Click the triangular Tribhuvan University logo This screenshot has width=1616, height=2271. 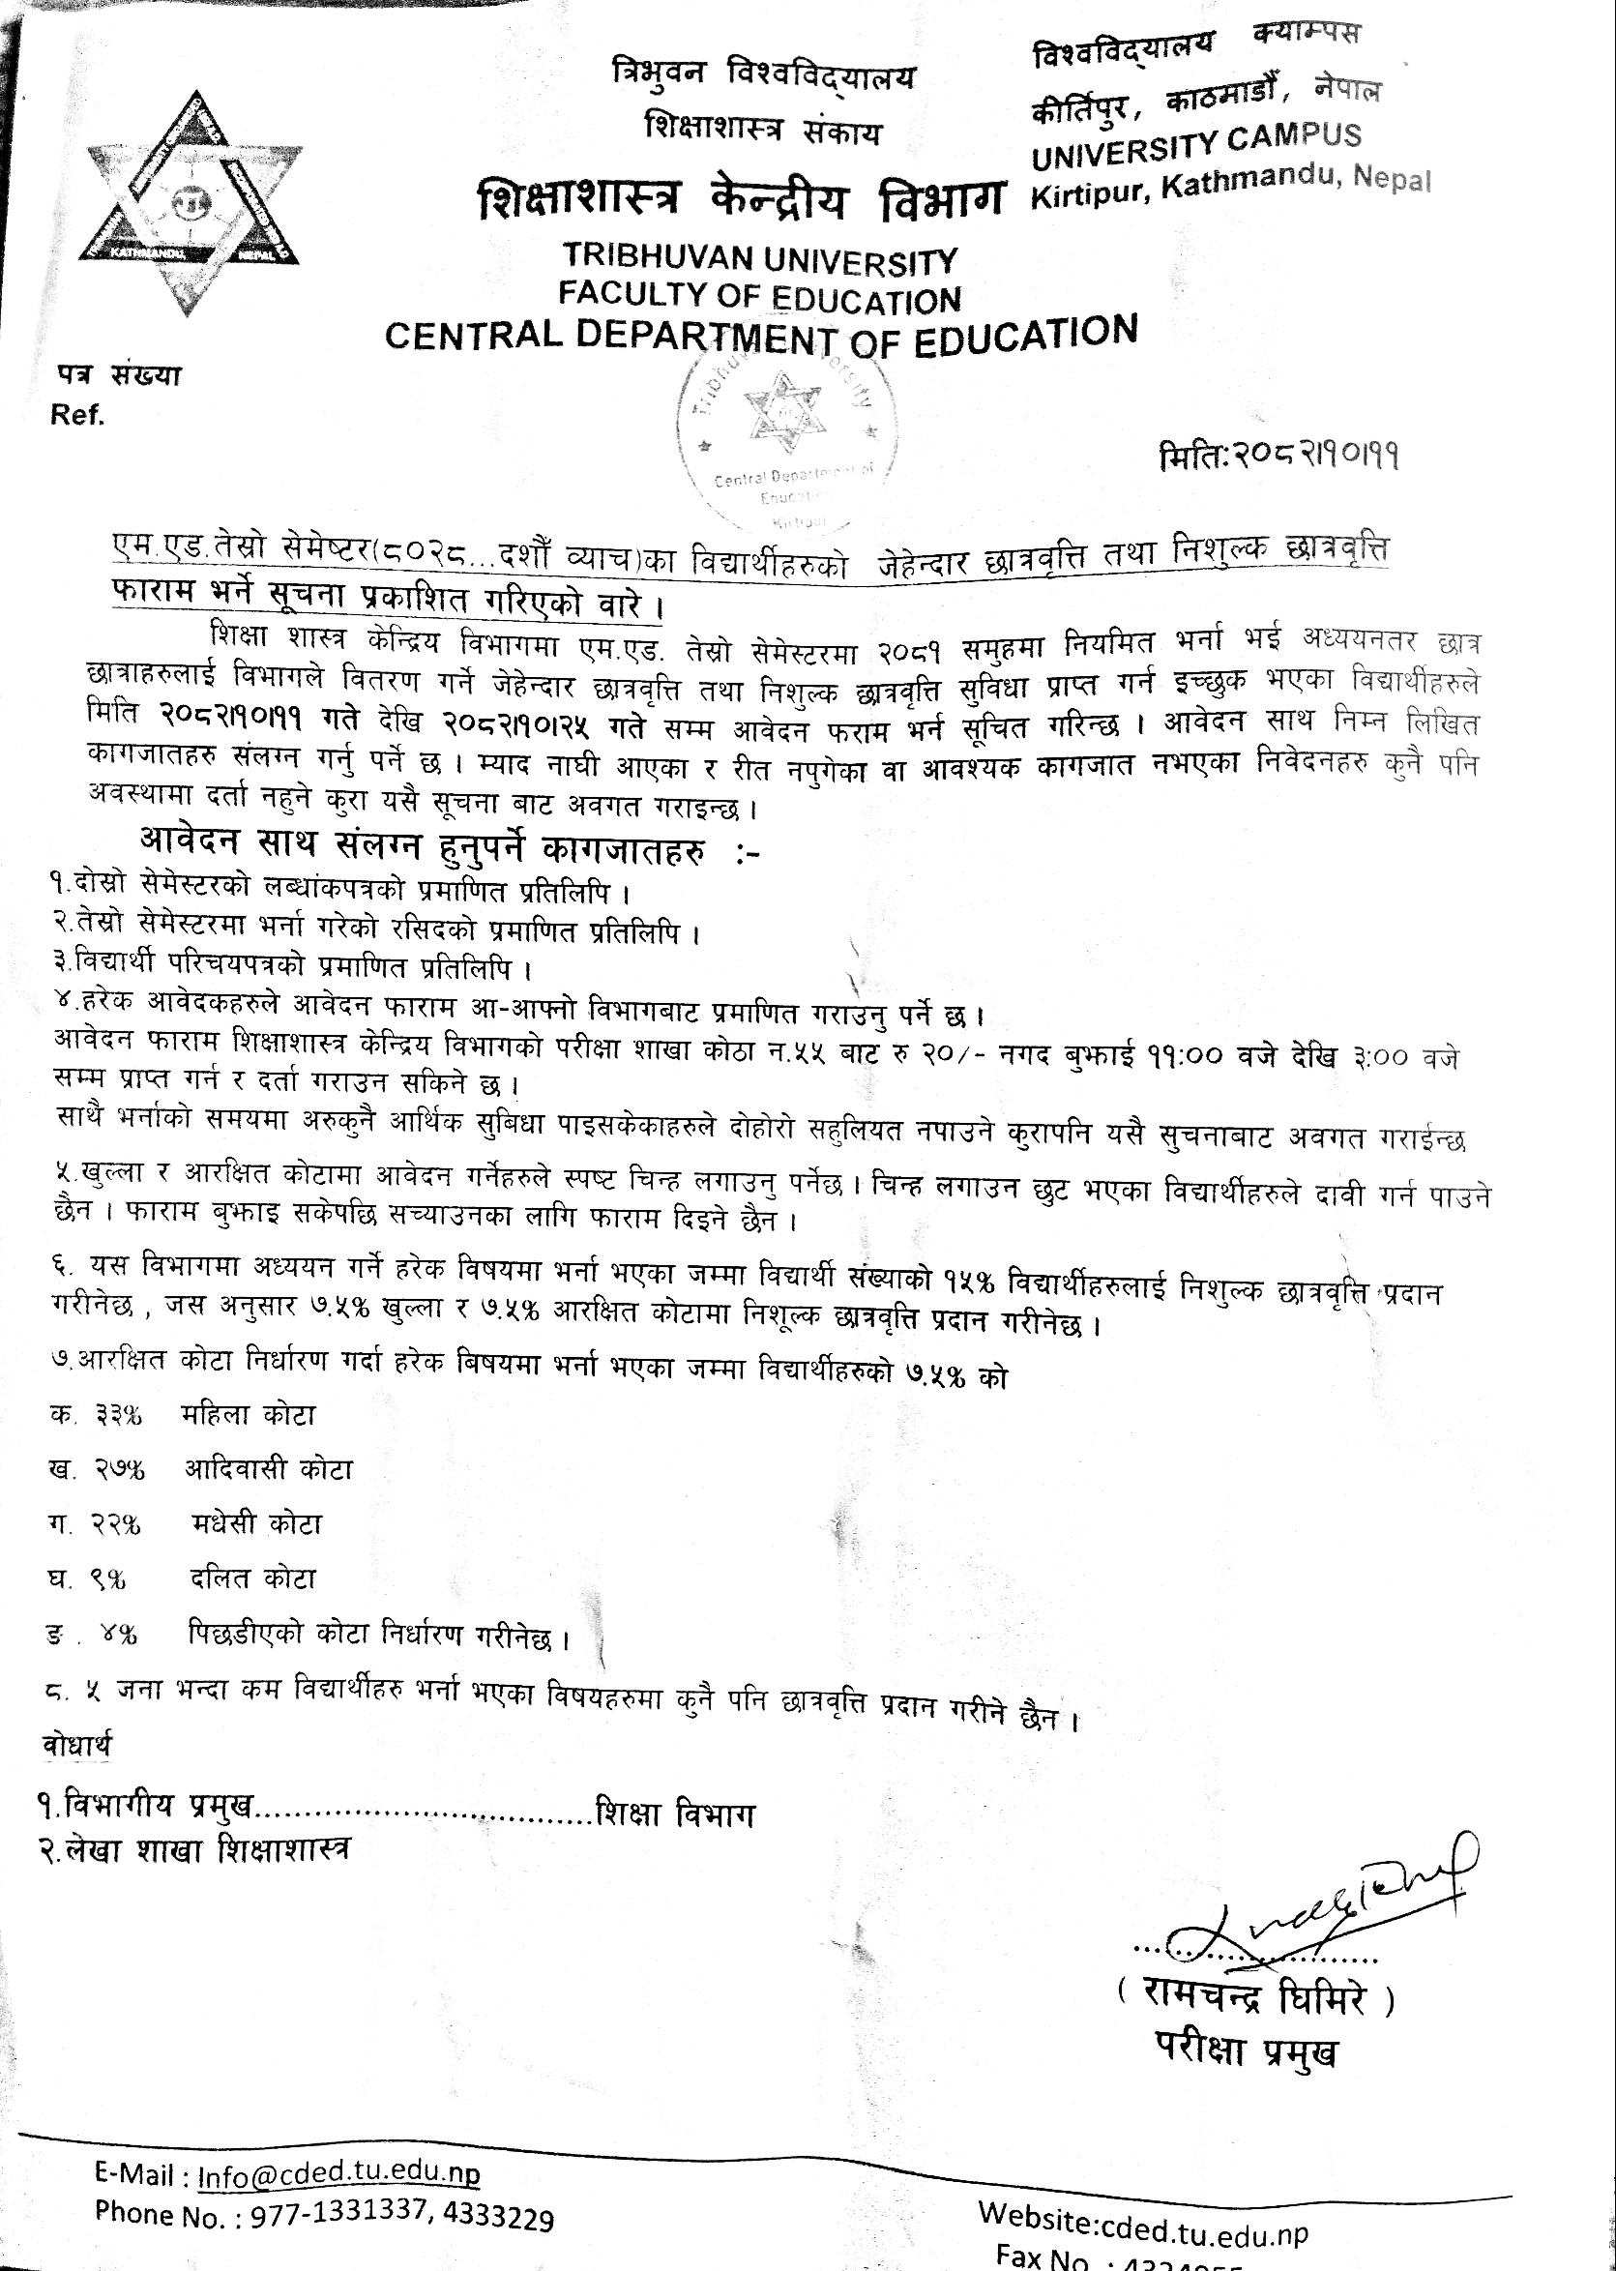[191, 204]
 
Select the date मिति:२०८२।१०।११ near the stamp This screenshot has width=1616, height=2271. [1278, 456]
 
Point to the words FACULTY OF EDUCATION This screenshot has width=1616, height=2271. [759, 296]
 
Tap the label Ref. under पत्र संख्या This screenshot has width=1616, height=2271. [77, 415]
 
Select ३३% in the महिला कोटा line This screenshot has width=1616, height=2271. [118, 1415]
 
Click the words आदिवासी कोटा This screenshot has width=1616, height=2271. [269, 1469]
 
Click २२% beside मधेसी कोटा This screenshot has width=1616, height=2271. [116, 1523]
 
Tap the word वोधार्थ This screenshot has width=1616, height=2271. [76, 1745]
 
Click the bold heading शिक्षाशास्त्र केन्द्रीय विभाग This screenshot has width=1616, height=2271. [742, 200]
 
